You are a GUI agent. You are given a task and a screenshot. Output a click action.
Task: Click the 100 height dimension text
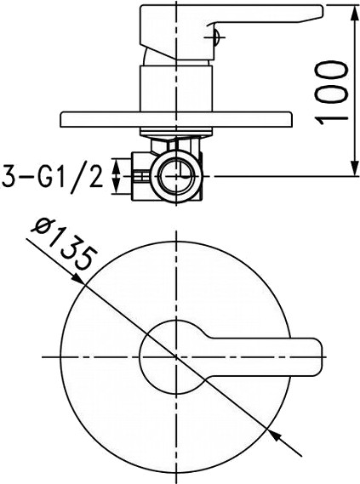coord(331,92)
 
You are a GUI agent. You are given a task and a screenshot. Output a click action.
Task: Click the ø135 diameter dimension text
coord(63,242)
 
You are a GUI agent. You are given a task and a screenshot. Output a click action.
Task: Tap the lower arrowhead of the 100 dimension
coord(353,169)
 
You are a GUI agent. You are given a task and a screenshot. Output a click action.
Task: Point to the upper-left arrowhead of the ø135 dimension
coord(77,279)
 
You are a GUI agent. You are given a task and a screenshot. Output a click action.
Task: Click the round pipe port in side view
coord(177,176)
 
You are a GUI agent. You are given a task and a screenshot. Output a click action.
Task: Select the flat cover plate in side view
coord(176,119)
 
